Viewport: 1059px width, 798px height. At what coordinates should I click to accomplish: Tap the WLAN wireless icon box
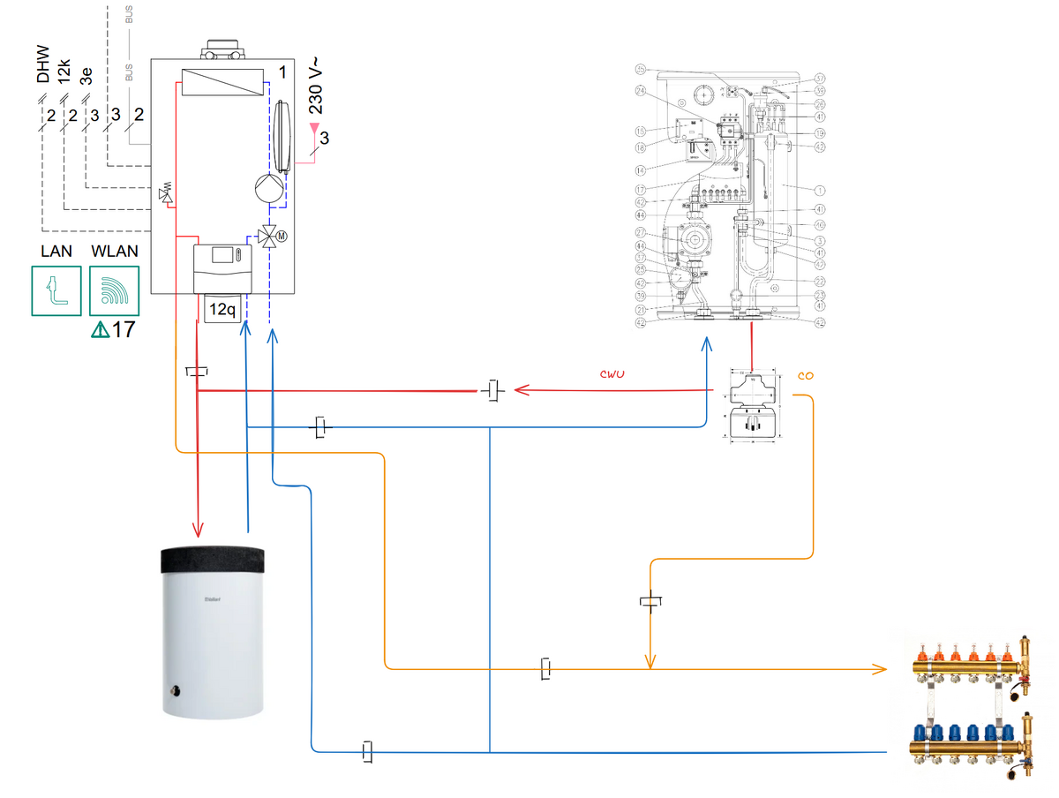(114, 290)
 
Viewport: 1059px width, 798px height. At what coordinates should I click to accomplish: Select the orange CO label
(805, 375)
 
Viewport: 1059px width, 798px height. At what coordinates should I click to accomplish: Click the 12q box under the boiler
(222, 310)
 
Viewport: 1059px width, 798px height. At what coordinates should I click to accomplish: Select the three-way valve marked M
(269, 237)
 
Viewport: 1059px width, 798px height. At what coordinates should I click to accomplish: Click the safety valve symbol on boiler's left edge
(165, 193)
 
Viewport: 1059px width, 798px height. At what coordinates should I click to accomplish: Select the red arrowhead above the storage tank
(199, 529)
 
